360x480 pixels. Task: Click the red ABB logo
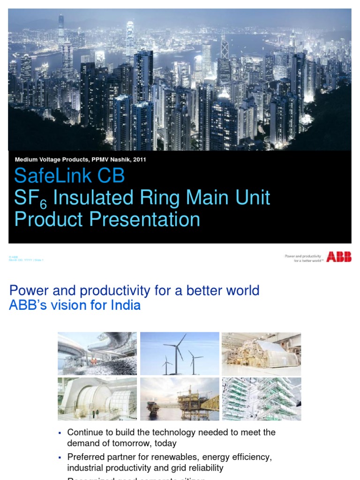(338, 256)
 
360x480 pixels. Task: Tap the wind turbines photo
(180, 354)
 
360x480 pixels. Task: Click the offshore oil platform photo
(180, 399)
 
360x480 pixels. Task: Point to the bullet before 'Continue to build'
(60, 433)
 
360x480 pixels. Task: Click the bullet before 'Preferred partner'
(60, 457)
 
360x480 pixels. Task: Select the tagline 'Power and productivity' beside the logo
(303, 256)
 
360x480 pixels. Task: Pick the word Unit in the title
(253, 198)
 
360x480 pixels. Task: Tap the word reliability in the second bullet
(204, 468)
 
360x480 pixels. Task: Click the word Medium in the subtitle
(26, 159)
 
